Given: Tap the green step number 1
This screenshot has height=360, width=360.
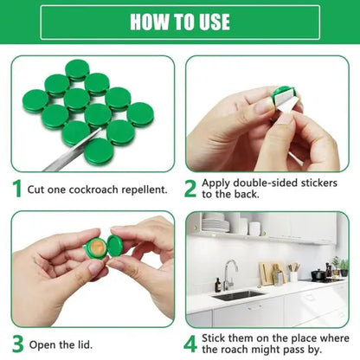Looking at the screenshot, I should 16,189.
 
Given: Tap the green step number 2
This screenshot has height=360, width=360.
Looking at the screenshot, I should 190,189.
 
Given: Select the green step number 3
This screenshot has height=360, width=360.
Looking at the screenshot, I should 16,342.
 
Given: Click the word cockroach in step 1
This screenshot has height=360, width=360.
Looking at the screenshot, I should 97,189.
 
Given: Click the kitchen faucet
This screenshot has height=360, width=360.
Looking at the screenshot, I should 226,275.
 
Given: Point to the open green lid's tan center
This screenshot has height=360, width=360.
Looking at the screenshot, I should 99,247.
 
